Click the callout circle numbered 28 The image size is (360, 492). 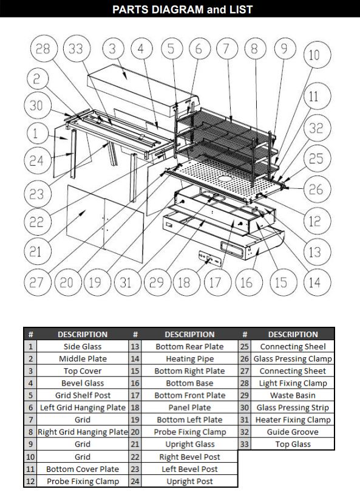tap(42, 49)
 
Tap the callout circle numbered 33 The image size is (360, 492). tap(76, 49)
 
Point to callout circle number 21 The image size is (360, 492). tap(36, 250)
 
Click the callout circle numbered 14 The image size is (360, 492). tap(314, 282)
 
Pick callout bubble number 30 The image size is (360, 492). tap(36, 105)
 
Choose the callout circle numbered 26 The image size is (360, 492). tap(315, 190)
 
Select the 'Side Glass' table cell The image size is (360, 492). tap(83, 347)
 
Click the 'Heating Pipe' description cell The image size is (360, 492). tap(189, 359)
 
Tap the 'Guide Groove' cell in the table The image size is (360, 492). tap(293, 432)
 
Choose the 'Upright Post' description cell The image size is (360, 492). tap(189, 481)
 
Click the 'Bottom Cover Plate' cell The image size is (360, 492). tap(83, 469)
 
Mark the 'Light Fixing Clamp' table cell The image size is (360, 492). tap(293, 383)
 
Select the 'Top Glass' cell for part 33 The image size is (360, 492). tap(293, 444)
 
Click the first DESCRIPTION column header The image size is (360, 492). tap(83, 334)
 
